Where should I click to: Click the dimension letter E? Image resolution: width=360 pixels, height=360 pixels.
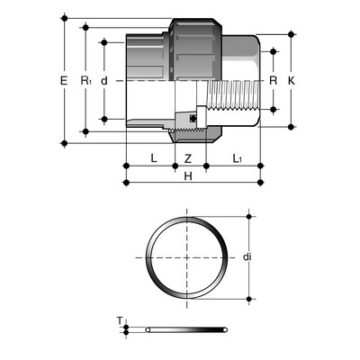point(64,81)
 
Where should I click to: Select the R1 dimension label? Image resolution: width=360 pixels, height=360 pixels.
point(85,81)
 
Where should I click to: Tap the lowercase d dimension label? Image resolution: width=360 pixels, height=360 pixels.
point(104,81)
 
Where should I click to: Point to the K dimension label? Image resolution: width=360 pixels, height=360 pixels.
point(292,80)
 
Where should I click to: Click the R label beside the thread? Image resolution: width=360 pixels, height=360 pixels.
point(273,80)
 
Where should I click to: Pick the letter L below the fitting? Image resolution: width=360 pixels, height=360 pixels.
point(154,158)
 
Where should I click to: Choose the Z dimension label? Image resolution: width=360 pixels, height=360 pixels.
point(188,158)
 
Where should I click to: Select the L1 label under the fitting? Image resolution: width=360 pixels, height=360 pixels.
point(238,158)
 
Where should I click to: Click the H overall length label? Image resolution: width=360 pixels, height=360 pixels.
point(188,176)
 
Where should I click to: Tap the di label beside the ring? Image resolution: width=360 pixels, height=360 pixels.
point(247,256)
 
